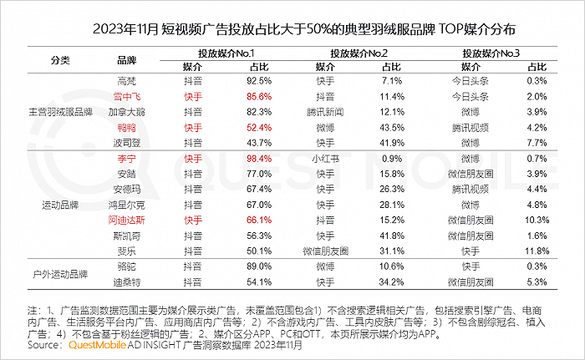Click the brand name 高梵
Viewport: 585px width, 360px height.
click(x=126, y=81)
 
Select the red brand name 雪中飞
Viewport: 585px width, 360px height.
click(x=127, y=97)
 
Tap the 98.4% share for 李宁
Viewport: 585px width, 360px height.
click(x=259, y=159)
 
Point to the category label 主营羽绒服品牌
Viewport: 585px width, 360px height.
click(x=60, y=112)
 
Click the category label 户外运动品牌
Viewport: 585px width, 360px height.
click(x=60, y=274)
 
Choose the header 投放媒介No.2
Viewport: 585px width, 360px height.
click(x=359, y=53)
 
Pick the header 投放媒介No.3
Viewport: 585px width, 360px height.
click(x=491, y=53)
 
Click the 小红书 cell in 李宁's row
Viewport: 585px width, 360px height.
click(x=325, y=159)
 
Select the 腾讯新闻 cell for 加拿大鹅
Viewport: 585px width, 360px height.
click(x=325, y=112)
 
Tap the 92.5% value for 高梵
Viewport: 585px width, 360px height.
click(x=259, y=81)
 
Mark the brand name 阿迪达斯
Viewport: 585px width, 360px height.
click(x=126, y=221)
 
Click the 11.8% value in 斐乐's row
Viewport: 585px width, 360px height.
click(x=537, y=251)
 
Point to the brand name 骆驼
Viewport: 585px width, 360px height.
click(x=126, y=266)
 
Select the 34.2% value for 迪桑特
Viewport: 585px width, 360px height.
click(x=392, y=282)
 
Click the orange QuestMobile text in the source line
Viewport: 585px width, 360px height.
click(x=97, y=345)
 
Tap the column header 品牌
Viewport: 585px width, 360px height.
click(x=127, y=60)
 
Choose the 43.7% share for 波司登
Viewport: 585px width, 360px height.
click(x=259, y=143)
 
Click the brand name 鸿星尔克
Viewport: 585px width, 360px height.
click(x=126, y=205)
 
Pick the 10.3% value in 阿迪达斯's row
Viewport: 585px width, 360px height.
click(x=537, y=221)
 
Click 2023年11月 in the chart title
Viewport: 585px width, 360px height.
click(x=126, y=29)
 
